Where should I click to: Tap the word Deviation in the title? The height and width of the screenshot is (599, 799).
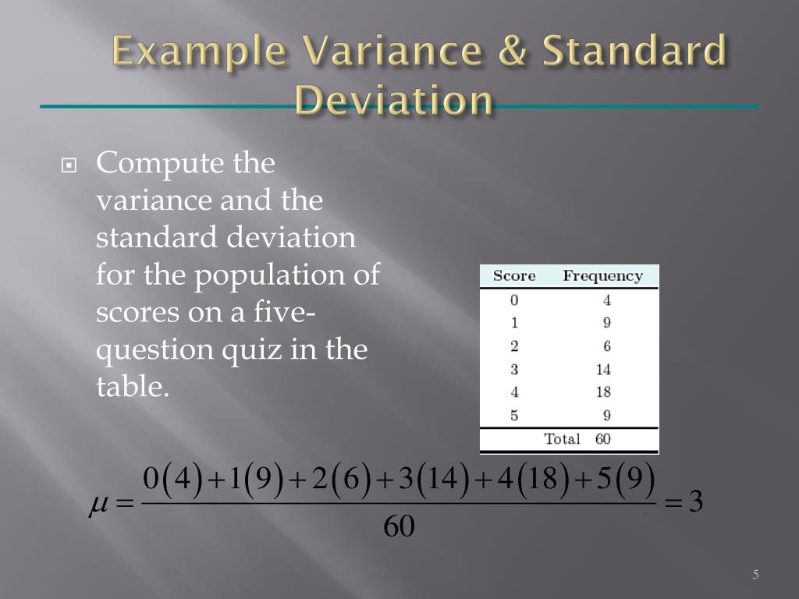click(395, 101)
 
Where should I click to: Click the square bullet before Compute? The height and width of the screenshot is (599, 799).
click(70, 165)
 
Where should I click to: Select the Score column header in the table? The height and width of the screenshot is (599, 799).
click(514, 276)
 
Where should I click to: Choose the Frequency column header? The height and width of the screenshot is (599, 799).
click(603, 276)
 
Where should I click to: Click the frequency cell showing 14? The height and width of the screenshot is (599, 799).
click(603, 370)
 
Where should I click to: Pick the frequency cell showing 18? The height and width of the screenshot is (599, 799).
click(603, 392)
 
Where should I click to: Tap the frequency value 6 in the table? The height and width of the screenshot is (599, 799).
click(606, 346)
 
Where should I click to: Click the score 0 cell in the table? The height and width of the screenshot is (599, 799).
click(514, 300)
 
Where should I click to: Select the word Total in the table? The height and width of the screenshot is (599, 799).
click(562, 439)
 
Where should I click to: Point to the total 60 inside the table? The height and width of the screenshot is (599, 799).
click(603, 439)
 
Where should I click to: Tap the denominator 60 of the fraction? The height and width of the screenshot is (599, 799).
click(399, 528)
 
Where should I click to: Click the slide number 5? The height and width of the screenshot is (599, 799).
click(755, 576)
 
